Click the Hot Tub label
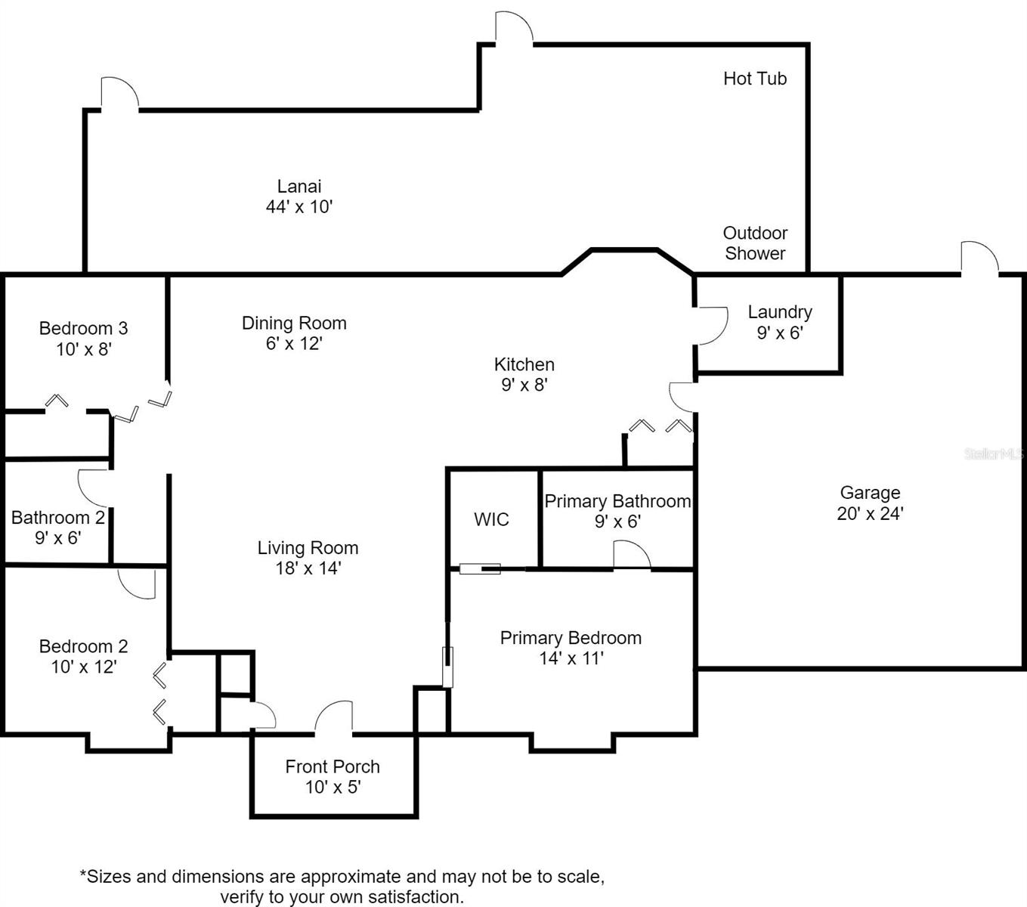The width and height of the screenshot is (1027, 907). click(x=754, y=79)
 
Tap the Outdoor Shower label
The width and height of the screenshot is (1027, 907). click(x=755, y=243)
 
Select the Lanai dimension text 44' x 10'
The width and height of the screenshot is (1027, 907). click(x=299, y=207)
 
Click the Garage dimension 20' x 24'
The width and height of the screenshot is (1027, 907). click(x=870, y=513)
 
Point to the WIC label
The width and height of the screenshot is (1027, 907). click(x=491, y=519)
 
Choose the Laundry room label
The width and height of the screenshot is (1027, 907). click(x=780, y=312)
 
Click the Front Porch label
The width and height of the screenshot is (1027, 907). click(x=333, y=766)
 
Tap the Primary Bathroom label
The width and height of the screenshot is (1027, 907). click(x=617, y=501)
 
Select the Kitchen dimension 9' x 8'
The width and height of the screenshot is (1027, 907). click(x=524, y=385)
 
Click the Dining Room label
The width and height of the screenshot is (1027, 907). click(x=294, y=323)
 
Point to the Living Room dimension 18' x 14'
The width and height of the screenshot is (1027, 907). click(x=308, y=568)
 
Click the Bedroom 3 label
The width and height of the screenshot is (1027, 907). click(x=83, y=329)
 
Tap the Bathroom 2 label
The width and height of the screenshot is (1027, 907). click(x=57, y=518)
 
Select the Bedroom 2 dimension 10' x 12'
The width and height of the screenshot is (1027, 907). click(x=83, y=667)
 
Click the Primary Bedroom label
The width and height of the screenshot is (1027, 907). click(x=571, y=638)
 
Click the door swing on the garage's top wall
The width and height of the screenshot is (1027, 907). click(x=979, y=258)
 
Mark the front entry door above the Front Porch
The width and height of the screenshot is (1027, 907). click(x=333, y=718)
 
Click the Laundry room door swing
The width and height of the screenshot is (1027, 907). click(x=712, y=326)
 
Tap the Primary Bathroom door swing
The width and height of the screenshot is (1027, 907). click(x=631, y=556)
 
